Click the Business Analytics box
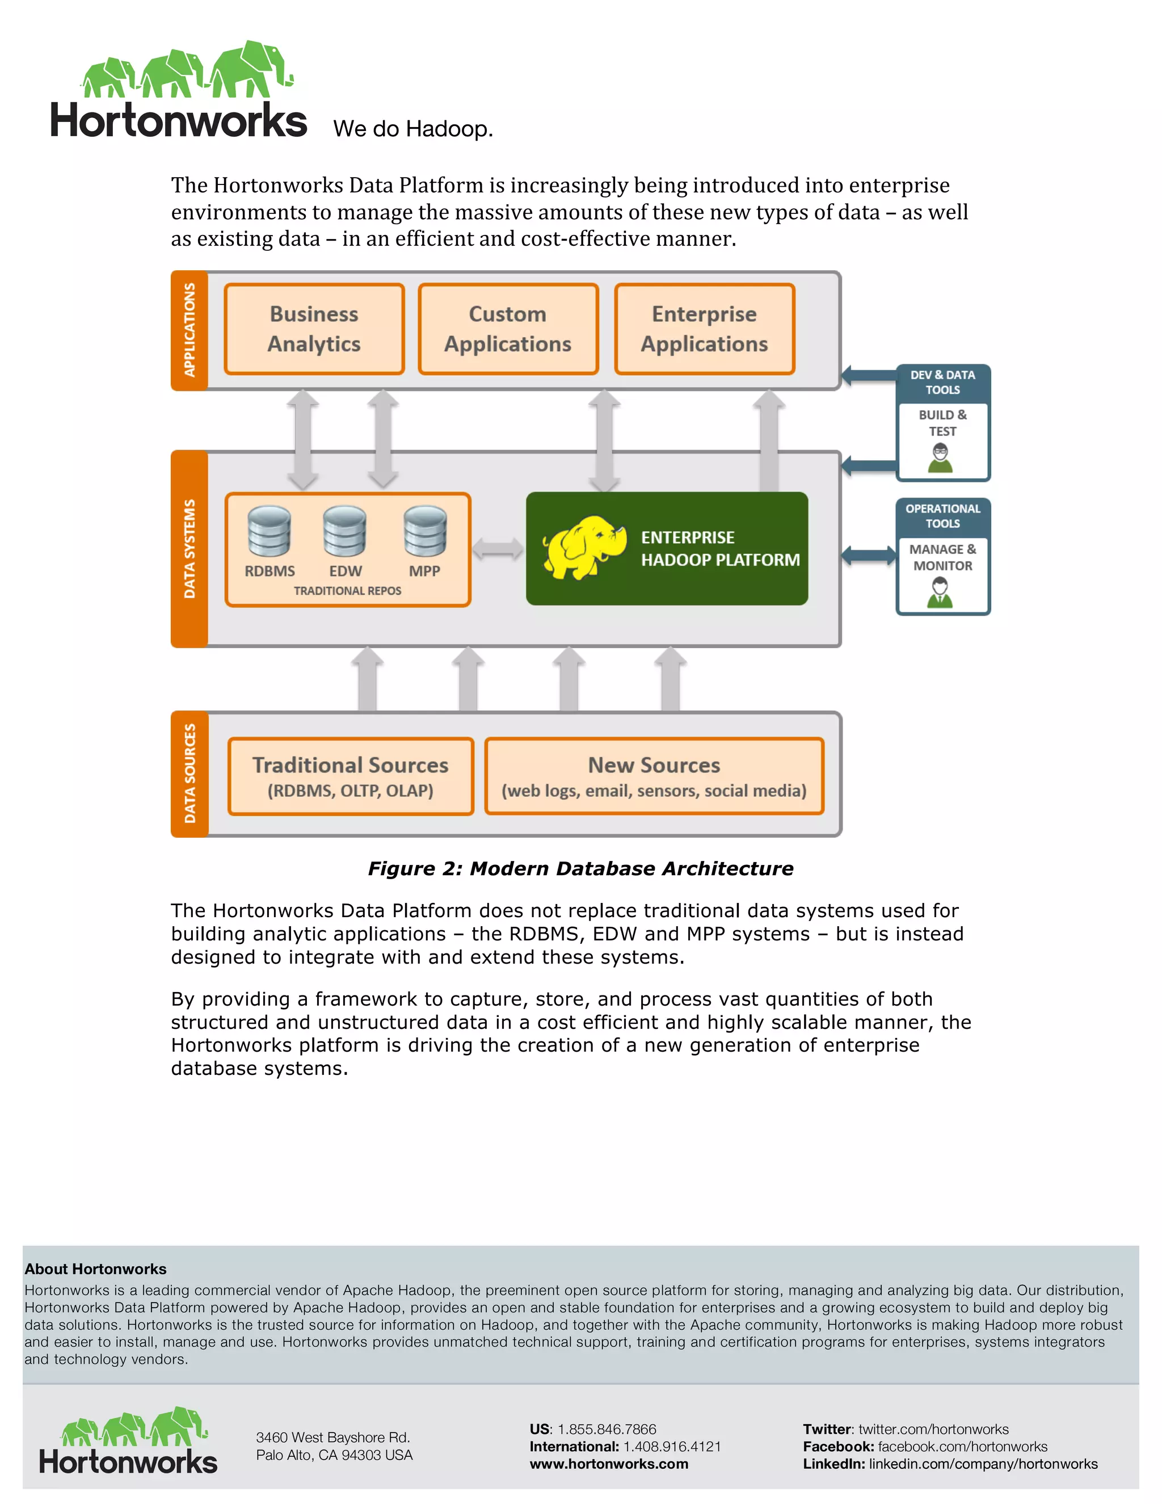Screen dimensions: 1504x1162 tap(314, 329)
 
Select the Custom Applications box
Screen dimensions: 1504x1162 tap(508, 329)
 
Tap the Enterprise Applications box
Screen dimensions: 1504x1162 tap(704, 329)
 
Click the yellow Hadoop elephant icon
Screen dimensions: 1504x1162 tap(584, 548)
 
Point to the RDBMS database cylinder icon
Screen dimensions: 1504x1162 tap(269, 531)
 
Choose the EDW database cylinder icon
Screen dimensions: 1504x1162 tap(345, 531)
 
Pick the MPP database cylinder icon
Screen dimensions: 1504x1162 tap(425, 531)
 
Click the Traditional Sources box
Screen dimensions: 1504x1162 tap(351, 776)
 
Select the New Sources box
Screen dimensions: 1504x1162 tap(654, 776)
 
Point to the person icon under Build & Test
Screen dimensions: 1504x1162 tap(940, 458)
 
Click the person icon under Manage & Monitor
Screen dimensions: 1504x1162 tap(940, 592)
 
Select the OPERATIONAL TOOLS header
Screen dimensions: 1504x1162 tap(942, 516)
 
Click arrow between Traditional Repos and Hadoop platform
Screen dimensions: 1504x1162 tap(498, 549)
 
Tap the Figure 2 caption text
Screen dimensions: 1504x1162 tap(580, 868)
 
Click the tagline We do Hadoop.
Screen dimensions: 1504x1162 tap(413, 129)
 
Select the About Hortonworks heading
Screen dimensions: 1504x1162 tap(96, 1268)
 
